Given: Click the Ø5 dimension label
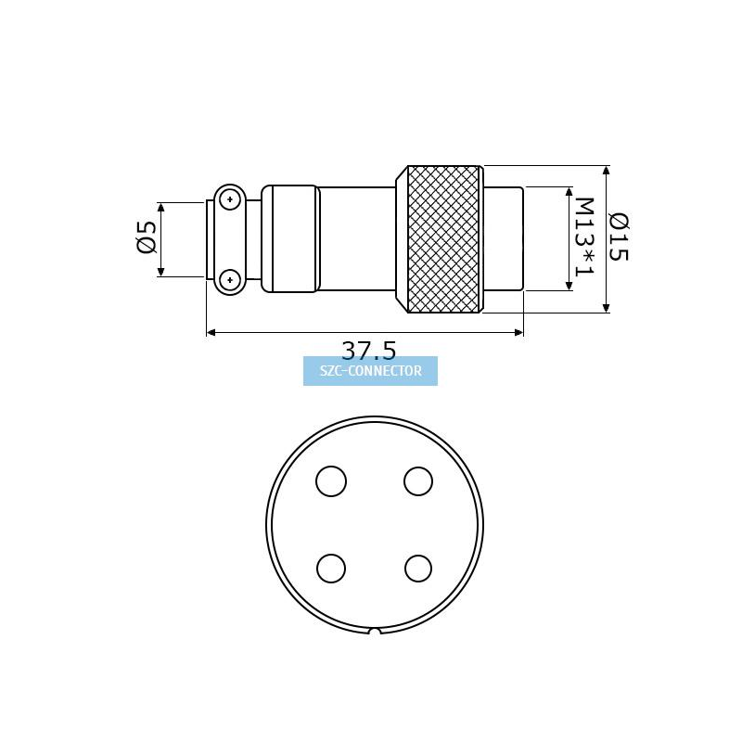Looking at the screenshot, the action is pyautogui.click(x=147, y=237).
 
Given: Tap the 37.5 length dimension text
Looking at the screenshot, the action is pyautogui.click(x=368, y=351).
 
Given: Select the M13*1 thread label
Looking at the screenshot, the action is pyautogui.click(x=584, y=237).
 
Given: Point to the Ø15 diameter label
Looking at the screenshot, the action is pyautogui.click(x=619, y=237).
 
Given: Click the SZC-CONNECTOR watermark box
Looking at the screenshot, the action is pyautogui.click(x=370, y=371).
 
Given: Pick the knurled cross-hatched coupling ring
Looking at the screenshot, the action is pyautogui.click(x=444, y=239).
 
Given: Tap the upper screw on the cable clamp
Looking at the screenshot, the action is pyautogui.click(x=230, y=199).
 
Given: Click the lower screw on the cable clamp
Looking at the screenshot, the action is pyautogui.click(x=230, y=280).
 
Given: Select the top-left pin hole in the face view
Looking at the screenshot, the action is pyautogui.click(x=331, y=481).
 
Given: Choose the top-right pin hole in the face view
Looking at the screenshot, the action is pyautogui.click(x=418, y=481).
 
